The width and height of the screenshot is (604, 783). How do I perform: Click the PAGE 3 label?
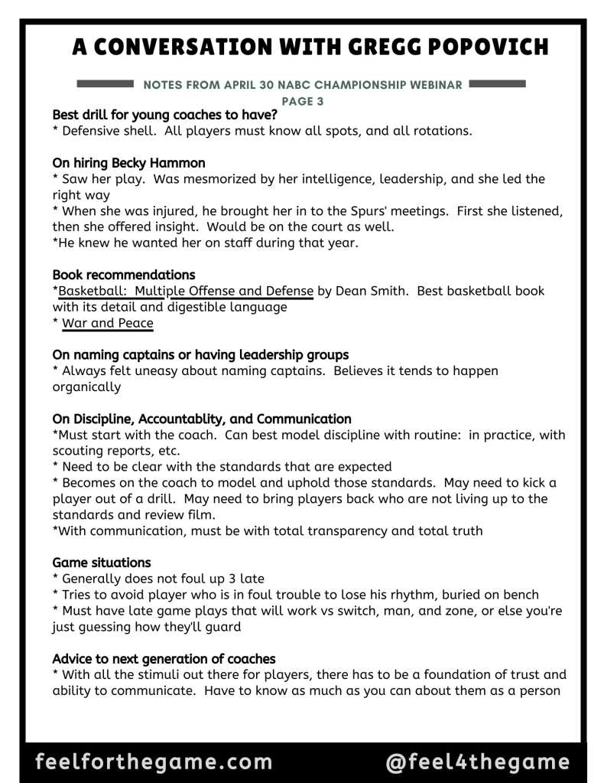click(x=301, y=100)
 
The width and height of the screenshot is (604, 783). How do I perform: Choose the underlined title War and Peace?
click(x=108, y=324)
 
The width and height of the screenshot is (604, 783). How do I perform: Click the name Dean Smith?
click(x=369, y=291)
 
